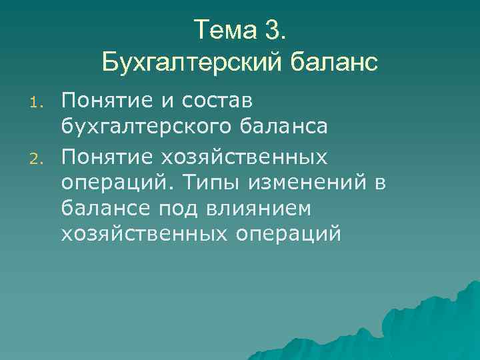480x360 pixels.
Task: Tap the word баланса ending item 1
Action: pos(290,127)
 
